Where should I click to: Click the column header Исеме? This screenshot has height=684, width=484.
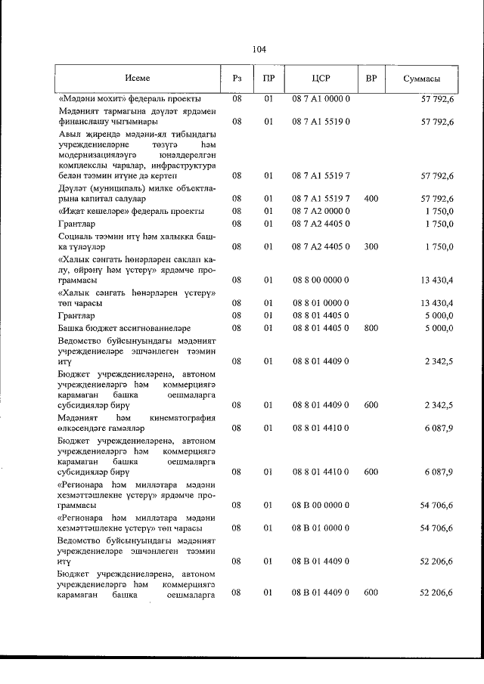click(138, 79)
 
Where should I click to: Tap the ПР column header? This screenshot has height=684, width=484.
click(268, 79)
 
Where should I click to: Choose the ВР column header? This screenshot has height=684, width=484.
click(371, 79)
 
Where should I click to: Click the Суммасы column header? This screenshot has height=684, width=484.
click(422, 79)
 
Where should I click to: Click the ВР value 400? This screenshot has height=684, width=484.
click(371, 198)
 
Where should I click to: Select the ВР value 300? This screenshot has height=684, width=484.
click(371, 247)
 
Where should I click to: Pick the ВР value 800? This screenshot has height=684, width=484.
click(371, 329)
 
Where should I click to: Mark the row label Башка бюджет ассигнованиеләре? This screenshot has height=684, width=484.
click(125, 329)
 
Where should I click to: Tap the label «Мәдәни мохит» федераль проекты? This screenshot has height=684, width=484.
click(130, 99)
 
